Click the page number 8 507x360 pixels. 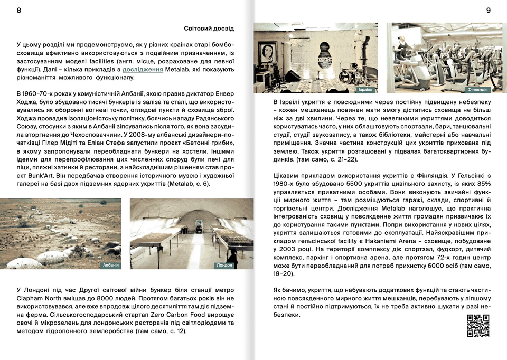coord(19,11)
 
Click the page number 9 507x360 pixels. coord(488,11)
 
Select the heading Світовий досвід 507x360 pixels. coord(209,28)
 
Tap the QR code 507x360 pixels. coord(477,326)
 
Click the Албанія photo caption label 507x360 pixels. coord(110,265)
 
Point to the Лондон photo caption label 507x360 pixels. coord(224,265)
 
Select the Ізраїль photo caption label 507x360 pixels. coord(365,89)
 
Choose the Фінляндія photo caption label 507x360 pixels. coord(477,90)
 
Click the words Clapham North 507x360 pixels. coord(42,298)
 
